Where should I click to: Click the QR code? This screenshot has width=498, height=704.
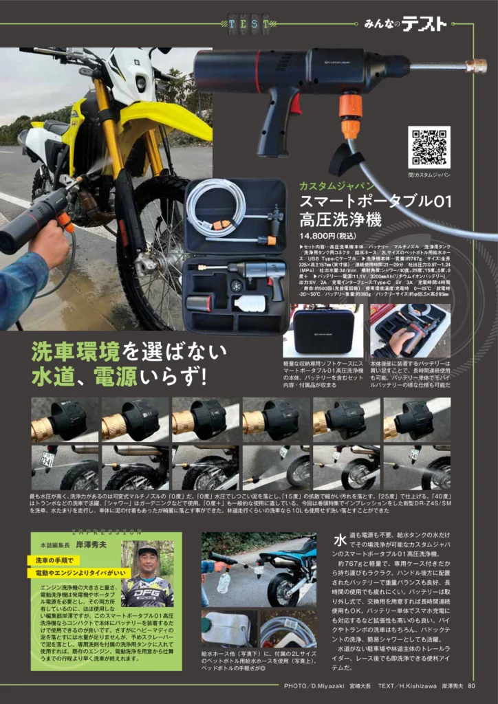coord(429,147)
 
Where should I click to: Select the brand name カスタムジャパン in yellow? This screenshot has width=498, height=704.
coord(327,186)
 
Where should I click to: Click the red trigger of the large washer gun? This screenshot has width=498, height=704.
coord(295,104)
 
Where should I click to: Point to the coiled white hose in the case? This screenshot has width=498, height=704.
coord(215,207)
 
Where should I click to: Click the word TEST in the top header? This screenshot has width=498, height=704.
coord(250,25)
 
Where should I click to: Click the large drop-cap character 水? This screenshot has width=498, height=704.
coord(340,541)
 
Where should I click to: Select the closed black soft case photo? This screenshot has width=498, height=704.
coord(323,331)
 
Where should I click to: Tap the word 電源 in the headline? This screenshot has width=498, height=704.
coord(116,377)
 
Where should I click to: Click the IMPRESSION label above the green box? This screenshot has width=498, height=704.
coord(107,531)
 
